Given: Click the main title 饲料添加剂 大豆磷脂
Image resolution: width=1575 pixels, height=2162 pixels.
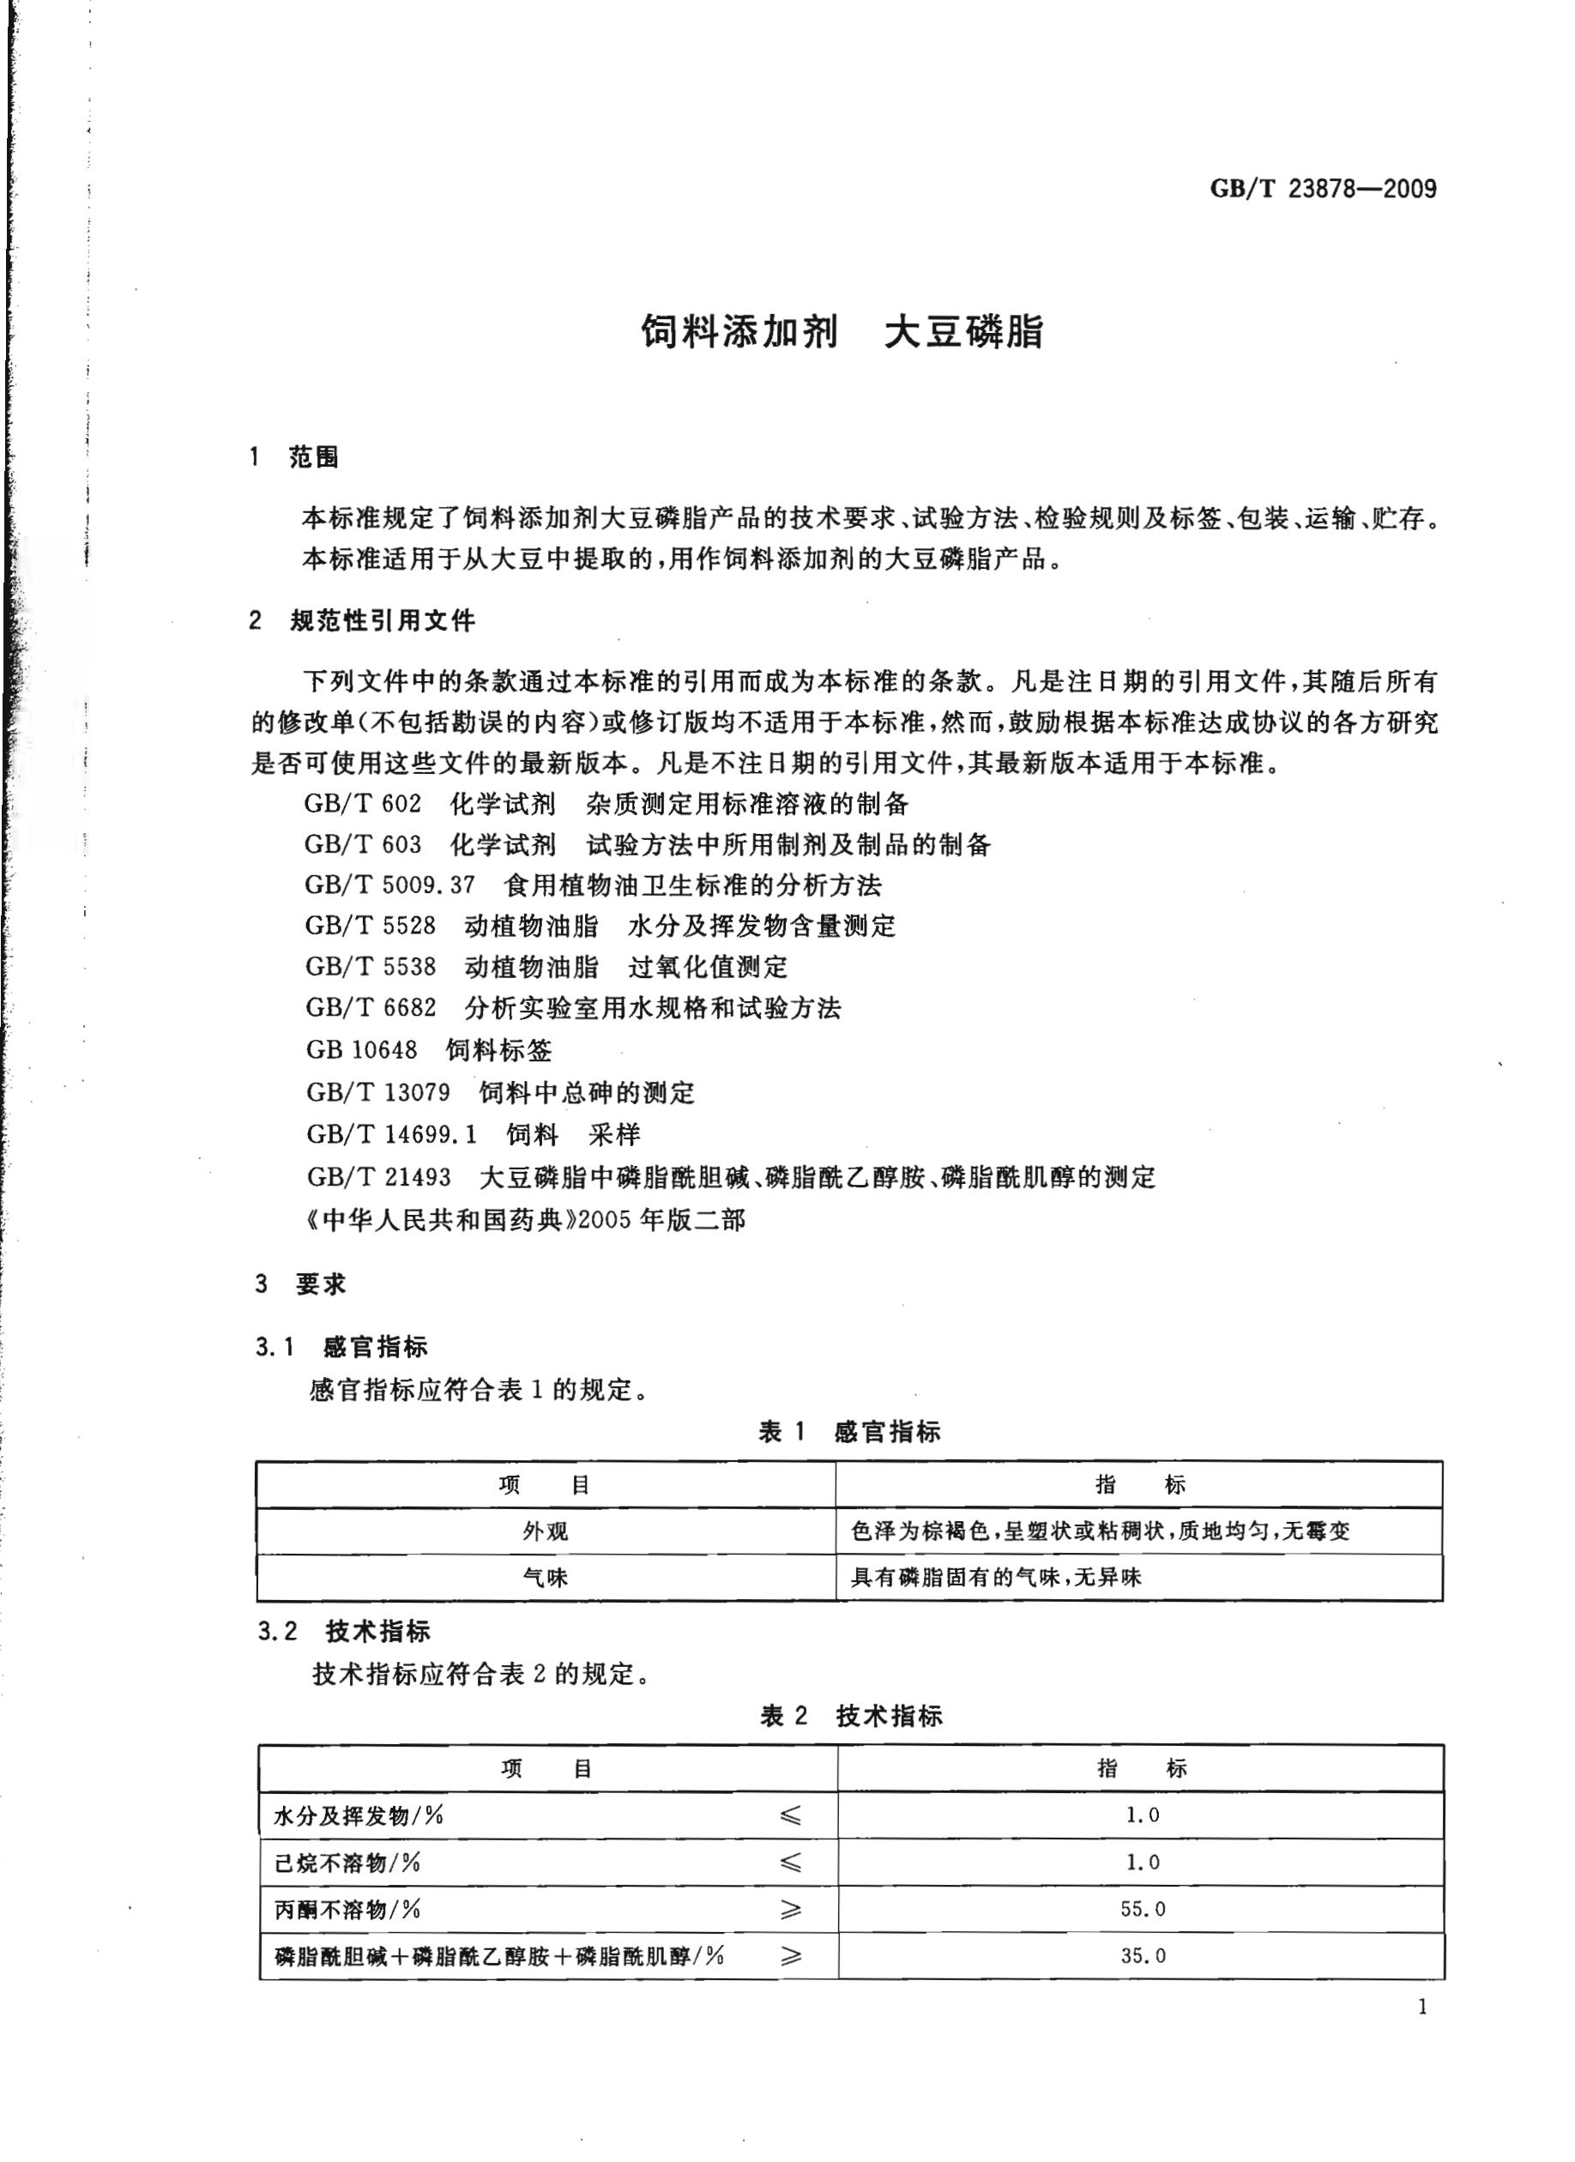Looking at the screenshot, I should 842,333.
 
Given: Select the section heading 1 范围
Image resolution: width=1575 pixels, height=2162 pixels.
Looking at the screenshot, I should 293,457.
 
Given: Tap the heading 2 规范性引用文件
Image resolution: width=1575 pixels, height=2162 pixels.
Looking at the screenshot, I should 362,621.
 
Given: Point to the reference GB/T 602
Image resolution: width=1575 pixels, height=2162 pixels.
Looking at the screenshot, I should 362,804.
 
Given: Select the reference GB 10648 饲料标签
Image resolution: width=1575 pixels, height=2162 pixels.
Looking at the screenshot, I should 428,1050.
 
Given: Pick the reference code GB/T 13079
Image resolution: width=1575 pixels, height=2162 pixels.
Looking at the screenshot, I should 377,1092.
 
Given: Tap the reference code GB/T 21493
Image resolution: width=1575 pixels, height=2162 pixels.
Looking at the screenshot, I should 378,1177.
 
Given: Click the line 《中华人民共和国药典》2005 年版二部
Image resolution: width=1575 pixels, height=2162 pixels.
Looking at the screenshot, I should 525,1219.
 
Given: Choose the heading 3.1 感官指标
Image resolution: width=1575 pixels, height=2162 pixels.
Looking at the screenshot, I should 341,1347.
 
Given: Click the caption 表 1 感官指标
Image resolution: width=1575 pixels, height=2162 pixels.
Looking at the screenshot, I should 848,1432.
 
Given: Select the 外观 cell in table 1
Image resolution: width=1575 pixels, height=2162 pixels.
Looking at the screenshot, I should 546,1532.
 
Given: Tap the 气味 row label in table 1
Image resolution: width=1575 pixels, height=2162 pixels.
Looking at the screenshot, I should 546,1578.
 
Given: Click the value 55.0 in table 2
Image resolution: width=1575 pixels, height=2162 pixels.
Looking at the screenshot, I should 1142,1910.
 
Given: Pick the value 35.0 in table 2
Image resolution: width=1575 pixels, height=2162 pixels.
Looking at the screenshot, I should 1142,1956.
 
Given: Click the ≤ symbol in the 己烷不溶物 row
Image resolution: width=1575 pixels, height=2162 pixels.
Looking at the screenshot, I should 790,1863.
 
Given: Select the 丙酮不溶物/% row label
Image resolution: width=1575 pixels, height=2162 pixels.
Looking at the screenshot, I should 348,1910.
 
